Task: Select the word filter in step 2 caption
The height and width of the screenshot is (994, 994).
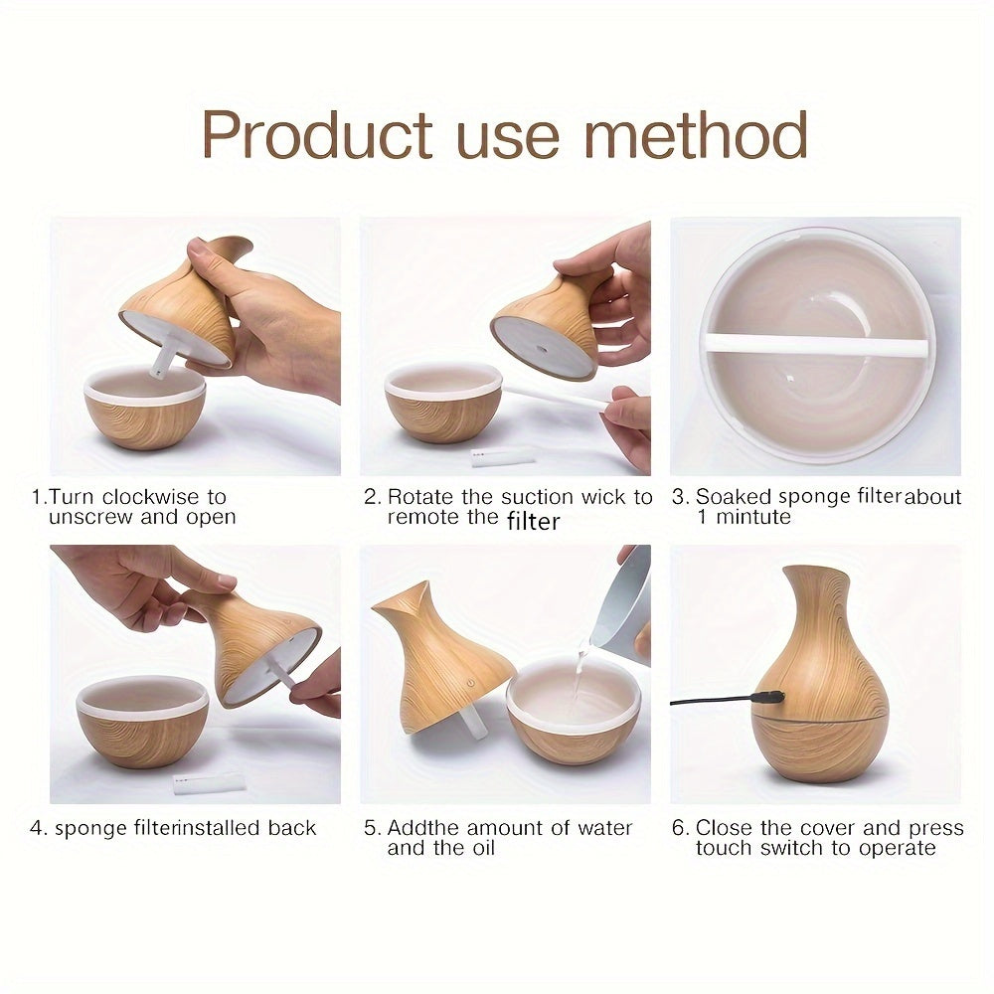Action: point(534,520)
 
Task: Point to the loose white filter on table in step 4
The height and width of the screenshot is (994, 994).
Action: point(209,783)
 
